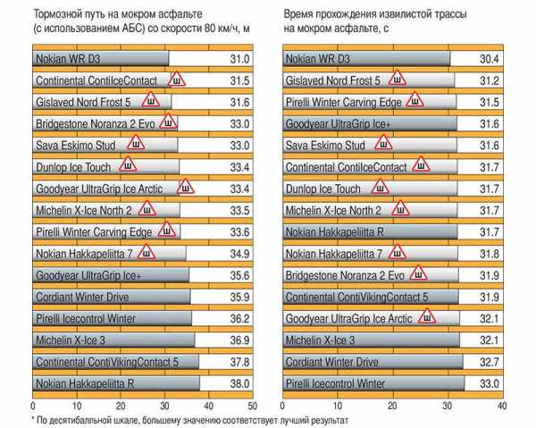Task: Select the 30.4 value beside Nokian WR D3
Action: point(488,59)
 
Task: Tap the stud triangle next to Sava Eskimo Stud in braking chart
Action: point(136,143)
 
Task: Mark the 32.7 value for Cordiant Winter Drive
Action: point(488,362)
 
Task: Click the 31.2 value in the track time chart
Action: point(488,80)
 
